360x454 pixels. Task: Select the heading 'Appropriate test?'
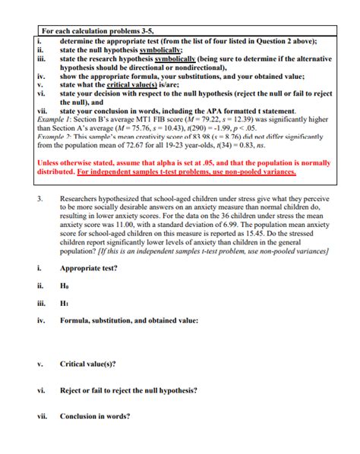tap(92, 268)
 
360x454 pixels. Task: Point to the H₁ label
tap(65, 304)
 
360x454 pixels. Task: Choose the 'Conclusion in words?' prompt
tap(95, 416)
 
